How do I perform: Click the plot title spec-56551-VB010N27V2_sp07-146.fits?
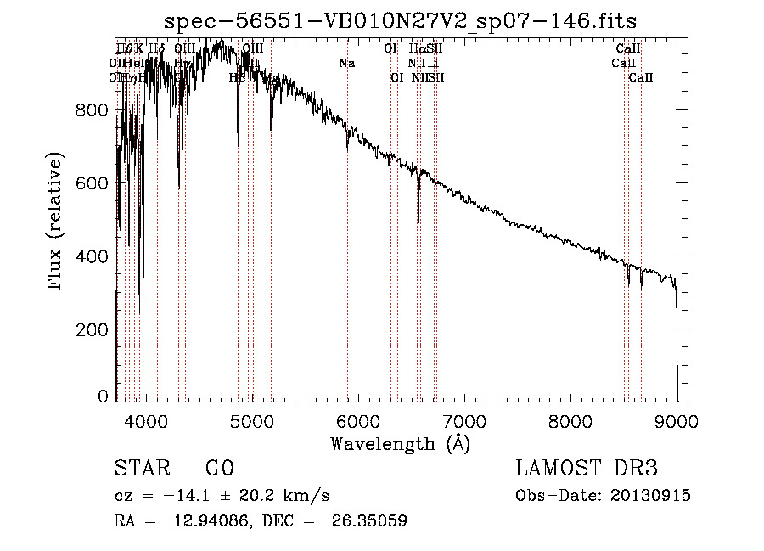pyautogui.click(x=400, y=20)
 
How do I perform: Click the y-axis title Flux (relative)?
pyautogui.click(x=56, y=222)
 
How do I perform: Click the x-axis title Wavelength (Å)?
pyautogui.click(x=400, y=443)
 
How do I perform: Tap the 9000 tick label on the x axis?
pyautogui.click(x=677, y=420)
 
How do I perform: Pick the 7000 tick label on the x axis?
pyautogui.click(x=464, y=420)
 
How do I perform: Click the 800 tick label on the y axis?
pyautogui.click(x=92, y=110)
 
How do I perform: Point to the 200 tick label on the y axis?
pyautogui.click(x=92, y=329)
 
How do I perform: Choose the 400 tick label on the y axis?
pyautogui.click(x=92, y=256)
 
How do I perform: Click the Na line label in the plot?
pyautogui.click(x=346, y=64)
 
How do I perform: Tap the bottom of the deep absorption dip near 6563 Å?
pyautogui.click(x=419, y=222)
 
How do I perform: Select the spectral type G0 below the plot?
pyautogui.click(x=219, y=469)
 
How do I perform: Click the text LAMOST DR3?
pyautogui.click(x=587, y=469)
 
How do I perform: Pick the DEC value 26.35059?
pyautogui.click(x=369, y=521)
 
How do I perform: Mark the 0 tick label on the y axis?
pyautogui.click(x=103, y=396)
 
